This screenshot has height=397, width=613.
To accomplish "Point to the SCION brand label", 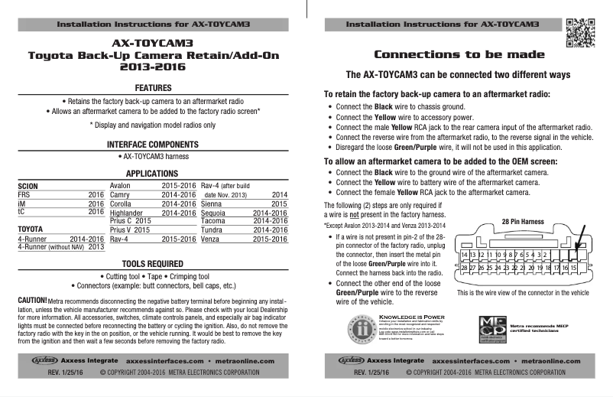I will click(x=28, y=186).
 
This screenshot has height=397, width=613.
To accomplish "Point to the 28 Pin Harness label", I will click(x=522, y=222).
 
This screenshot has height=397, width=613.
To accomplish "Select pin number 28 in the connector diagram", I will click(x=464, y=268).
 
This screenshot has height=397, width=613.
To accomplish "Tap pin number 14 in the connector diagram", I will click(x=464, y=254).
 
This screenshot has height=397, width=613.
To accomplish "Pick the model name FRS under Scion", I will click(x=24, y=195).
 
